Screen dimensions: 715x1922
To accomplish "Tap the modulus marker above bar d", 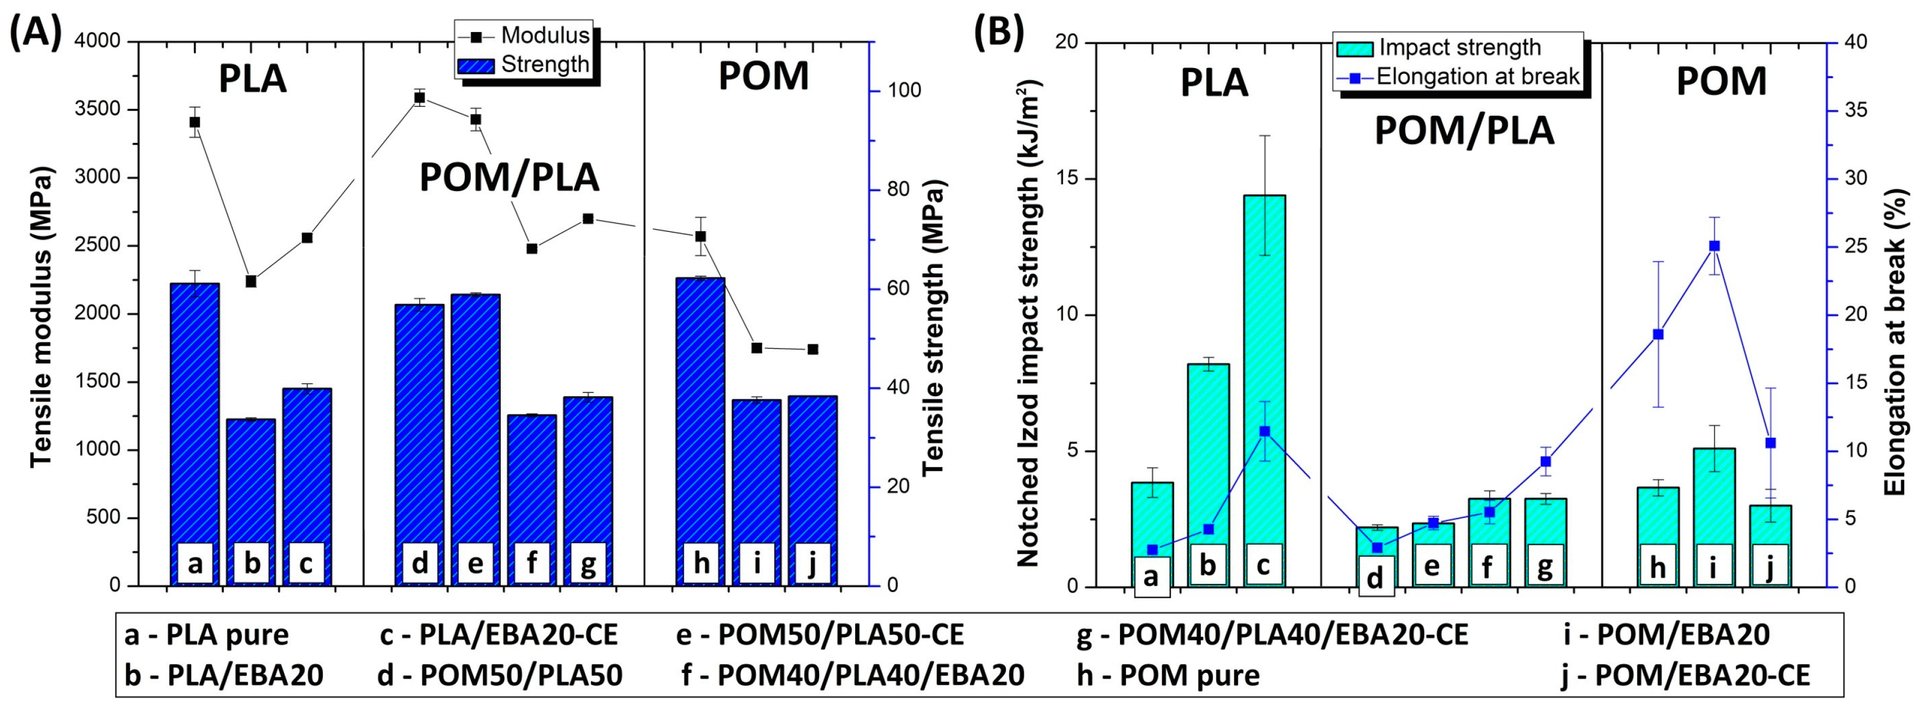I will tap(419, 97).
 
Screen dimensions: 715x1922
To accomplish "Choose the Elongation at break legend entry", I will tap(1477, 76).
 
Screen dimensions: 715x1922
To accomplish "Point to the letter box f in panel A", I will tap(531, 563).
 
